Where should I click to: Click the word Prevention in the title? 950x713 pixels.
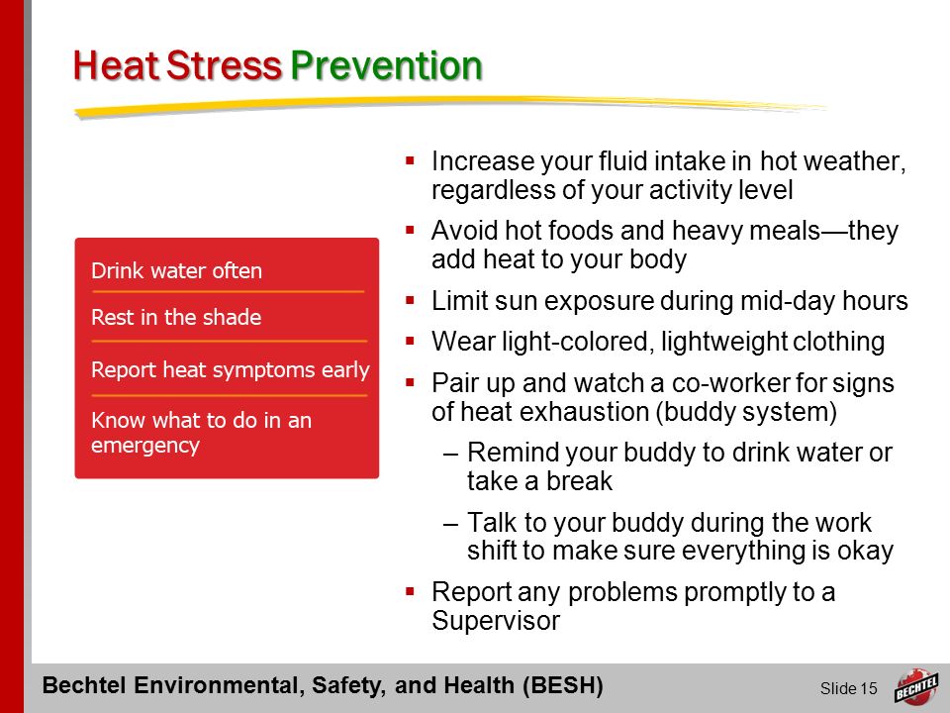pos(387,65)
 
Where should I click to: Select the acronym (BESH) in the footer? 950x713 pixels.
pos(563,685)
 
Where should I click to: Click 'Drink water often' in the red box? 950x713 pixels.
pos(176,270)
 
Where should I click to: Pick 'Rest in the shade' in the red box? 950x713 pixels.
pos(176,317)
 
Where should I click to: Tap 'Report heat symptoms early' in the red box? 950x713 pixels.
pos(231,369)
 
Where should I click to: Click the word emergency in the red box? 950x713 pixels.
pos(144,446)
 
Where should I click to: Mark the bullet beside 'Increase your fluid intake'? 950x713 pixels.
pos(410,161)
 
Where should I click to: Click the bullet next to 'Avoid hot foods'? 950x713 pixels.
pos(410,231)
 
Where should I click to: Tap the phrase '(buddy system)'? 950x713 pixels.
pos(746,412)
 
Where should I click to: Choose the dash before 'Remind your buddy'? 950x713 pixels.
pos(450,454)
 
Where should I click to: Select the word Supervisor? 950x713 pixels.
pos(496,620)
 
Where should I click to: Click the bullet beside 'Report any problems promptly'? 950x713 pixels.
pos(410,592)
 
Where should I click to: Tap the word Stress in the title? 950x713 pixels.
pos(225,65)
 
